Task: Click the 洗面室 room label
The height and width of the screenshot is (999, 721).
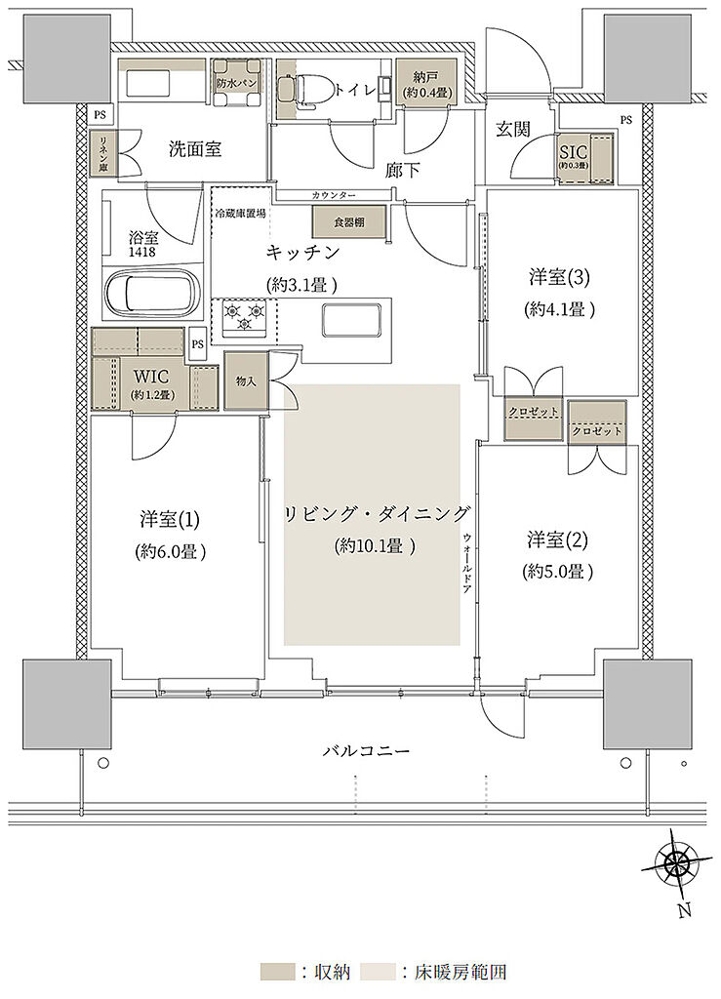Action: point(195,149)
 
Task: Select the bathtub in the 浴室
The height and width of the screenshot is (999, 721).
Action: point(152,293)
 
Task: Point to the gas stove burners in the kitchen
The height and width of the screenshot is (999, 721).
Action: point(245,314)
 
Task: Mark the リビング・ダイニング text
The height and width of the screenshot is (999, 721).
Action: point(378,514)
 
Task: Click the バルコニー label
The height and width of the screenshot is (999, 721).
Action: point(367,751)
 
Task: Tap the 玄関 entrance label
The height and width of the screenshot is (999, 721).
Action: point(512,130)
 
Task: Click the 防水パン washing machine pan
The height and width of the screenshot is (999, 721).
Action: point(238,83)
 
